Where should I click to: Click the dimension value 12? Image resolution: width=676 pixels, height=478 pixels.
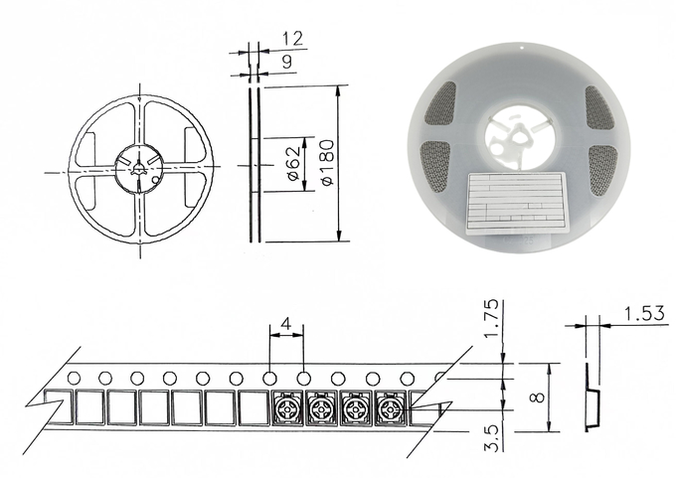(x=293, y=39)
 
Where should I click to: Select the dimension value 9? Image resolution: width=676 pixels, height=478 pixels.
(x=286, y=62)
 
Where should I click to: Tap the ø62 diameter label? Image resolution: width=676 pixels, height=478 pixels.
(x=292, y=164)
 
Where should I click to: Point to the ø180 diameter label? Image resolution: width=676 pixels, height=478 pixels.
(x=326, y=162)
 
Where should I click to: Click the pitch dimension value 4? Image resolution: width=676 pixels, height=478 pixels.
(x=286, y=323)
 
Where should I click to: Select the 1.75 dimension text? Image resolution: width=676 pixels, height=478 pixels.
(x=491, y=319)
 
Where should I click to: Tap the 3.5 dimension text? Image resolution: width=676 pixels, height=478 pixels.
(x=492, y=438)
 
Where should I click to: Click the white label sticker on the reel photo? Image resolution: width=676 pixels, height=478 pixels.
(x=517, y=204)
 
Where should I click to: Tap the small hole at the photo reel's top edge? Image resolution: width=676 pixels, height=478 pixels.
(x=522, y=49)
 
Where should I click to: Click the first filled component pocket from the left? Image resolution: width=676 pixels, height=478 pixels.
(x=286, y=407)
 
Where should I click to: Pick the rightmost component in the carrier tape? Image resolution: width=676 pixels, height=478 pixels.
(x=391, y=407)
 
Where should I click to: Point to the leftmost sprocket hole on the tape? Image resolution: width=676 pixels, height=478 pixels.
(x=74, y=379)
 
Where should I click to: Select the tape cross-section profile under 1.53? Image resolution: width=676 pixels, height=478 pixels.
(x=591, y=397)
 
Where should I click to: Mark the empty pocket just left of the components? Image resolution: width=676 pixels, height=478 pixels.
(x=253, y=407)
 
